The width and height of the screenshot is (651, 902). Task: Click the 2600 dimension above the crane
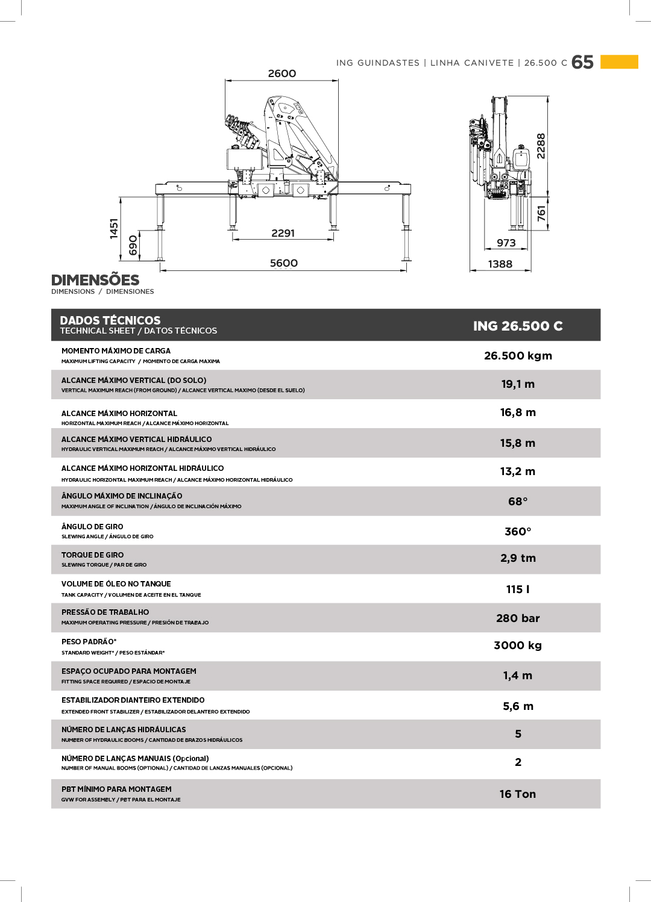click(282, 73)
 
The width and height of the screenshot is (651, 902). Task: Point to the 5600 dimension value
click(284, 263)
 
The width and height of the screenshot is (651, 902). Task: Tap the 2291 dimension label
click(283, 233)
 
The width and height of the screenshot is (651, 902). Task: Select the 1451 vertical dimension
click(114, 229)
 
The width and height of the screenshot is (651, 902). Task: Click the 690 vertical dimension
click(133, 245)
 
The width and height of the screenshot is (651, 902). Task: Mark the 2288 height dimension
click(541, 146)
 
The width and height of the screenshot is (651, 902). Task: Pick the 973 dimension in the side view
click(506, 243)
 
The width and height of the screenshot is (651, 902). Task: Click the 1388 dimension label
click(500, 264)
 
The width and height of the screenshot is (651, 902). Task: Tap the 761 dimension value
click(541, 214)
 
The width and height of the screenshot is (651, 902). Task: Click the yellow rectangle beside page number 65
click(619, 62)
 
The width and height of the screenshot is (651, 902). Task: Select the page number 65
click(582, 62)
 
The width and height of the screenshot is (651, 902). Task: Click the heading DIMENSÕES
click(95, 280)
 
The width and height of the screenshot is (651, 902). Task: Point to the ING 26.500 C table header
click(518, 326)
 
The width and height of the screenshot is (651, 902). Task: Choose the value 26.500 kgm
click(518, 356)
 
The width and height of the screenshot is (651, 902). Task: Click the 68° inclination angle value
click(518, 502)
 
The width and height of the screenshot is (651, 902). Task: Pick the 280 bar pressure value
click(518, 618)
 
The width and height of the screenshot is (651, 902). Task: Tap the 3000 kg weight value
click(518, 645)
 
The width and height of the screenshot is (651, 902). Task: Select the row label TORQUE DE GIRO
click(93, 555)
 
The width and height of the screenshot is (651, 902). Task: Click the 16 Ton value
click(518, 794)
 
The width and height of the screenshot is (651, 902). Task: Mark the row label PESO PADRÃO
click(89, 642)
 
